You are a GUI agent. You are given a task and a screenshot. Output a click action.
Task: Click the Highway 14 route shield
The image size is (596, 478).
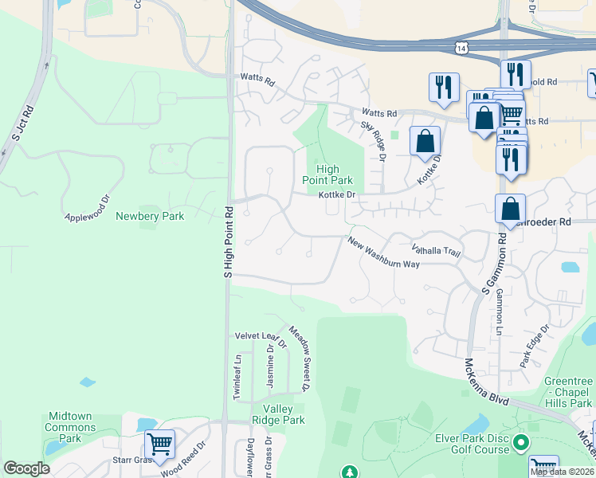coord(461,49)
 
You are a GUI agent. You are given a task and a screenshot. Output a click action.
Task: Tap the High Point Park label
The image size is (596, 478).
coord(327,174)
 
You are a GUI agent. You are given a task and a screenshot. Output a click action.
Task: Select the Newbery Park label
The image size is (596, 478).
coord(150,216)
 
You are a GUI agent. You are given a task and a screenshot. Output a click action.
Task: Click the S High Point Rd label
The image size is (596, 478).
coord(228,242)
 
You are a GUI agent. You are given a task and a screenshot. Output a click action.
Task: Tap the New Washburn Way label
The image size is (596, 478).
coord(383,253)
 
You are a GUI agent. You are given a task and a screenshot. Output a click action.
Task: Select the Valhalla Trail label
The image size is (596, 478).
coord(436,250)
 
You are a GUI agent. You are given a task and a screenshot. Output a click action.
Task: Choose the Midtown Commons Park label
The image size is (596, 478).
coord(71,427)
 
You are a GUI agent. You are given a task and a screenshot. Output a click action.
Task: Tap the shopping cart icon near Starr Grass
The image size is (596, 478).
coord(160,445)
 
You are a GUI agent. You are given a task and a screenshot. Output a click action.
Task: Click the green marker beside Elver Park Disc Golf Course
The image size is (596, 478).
coord(522,441)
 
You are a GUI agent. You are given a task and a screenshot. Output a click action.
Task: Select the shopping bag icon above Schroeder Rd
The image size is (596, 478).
coord(510,210)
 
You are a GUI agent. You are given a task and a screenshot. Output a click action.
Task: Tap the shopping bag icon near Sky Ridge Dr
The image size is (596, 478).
coord(425,141)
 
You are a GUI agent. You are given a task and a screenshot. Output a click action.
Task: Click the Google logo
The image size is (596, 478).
coord(26,468)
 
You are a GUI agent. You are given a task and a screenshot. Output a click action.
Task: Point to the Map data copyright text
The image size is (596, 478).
coord(563,472)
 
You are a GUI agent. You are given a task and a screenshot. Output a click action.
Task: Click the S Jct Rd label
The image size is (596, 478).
coord(23,123)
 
